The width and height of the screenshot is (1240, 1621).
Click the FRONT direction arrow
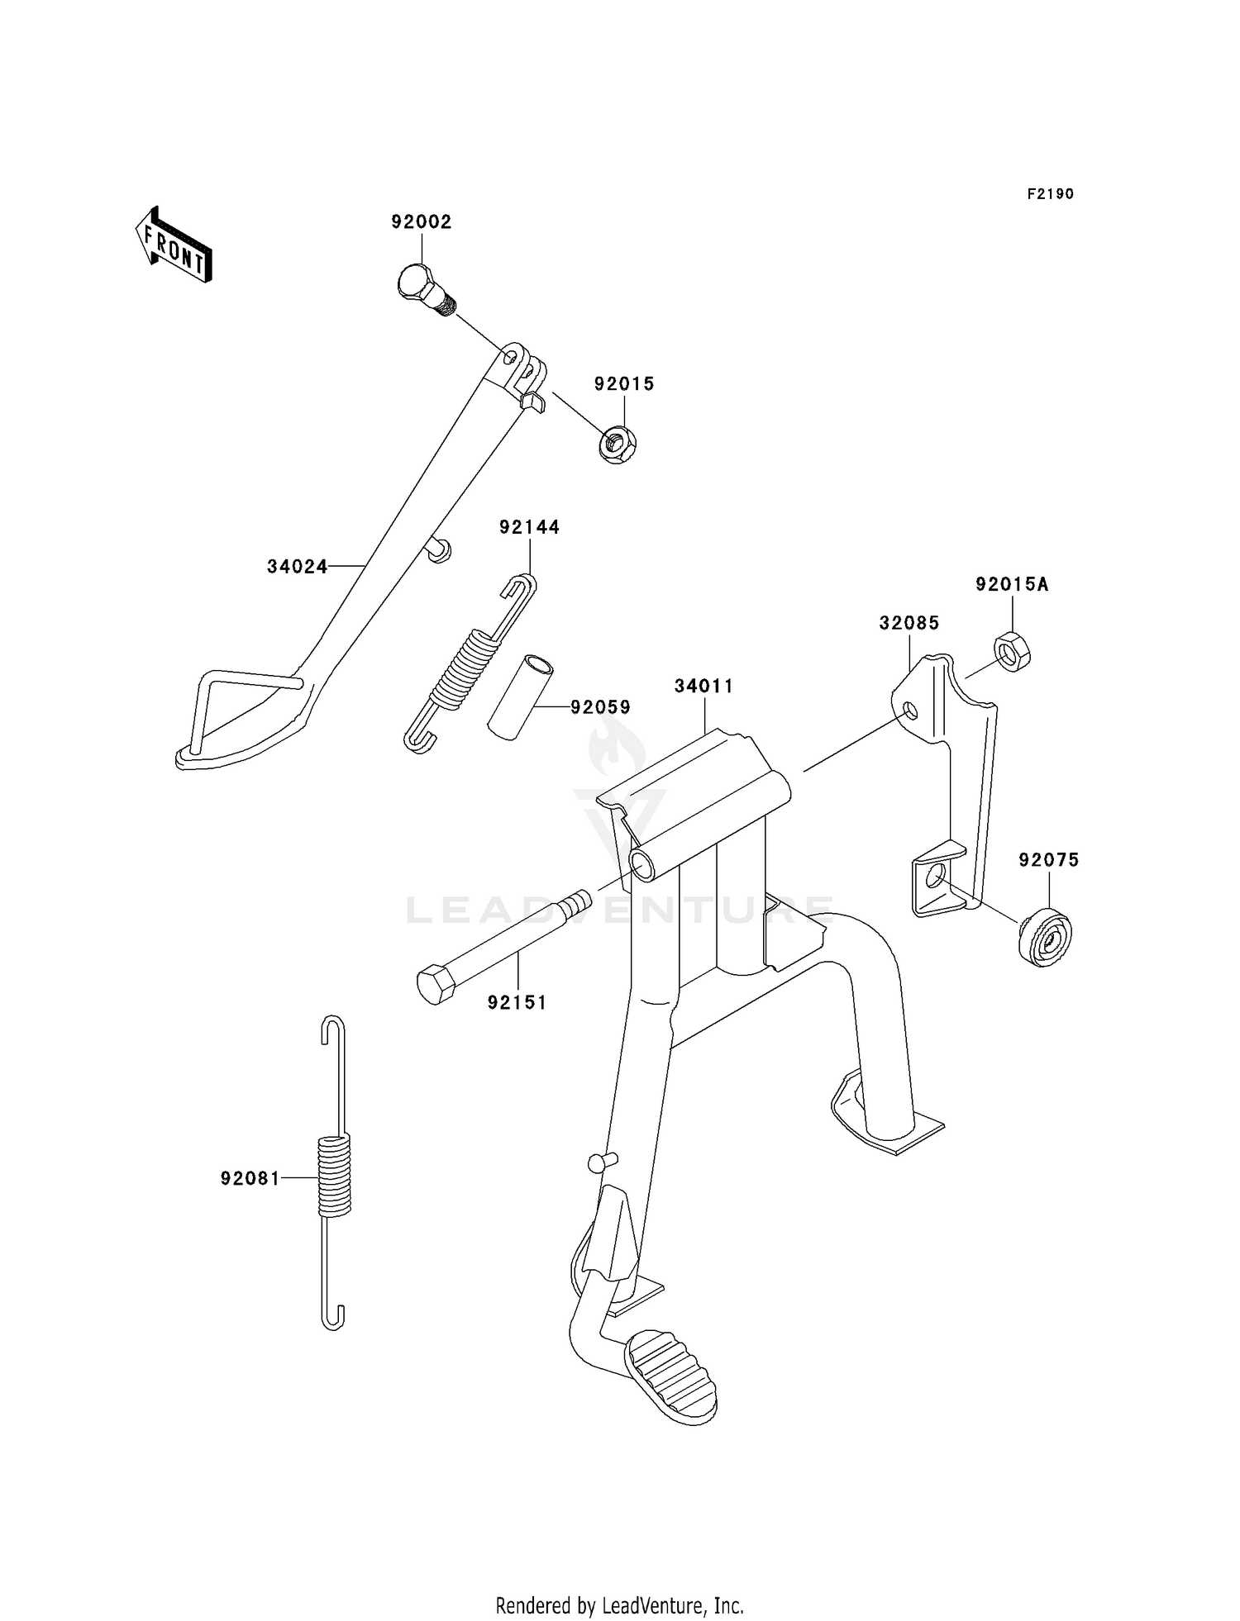coord(174,245)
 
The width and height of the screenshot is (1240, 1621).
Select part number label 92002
coord(422,222)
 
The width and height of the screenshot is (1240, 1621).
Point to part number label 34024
coord(298,567)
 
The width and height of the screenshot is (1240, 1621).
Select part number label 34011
coord(704,687)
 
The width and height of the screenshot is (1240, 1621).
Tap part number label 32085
coord(909,623)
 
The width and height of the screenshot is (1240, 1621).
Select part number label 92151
coord(517,1003)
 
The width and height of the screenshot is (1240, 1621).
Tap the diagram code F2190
coord(1051,194)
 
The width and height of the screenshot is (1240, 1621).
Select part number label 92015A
coord(1012,585)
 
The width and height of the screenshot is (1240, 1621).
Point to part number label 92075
coord(1049,860)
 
